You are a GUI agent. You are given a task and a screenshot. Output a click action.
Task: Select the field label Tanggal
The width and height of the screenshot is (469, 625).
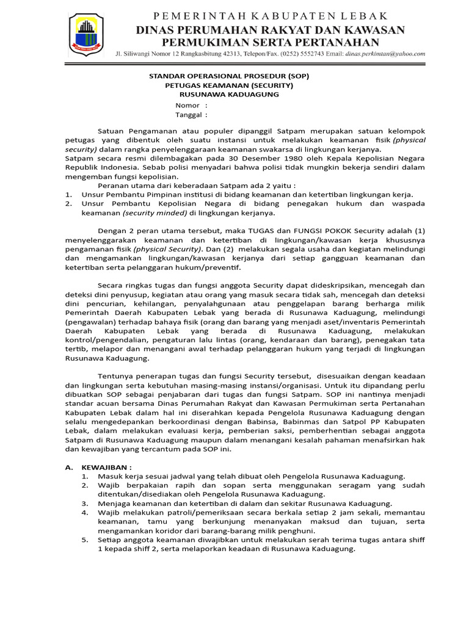pos(189,114)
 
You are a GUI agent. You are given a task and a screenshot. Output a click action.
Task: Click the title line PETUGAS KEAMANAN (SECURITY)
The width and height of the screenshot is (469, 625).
pos(229,85)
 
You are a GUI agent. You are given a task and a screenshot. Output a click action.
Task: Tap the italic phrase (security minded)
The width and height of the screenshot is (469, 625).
pos(155,213)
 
